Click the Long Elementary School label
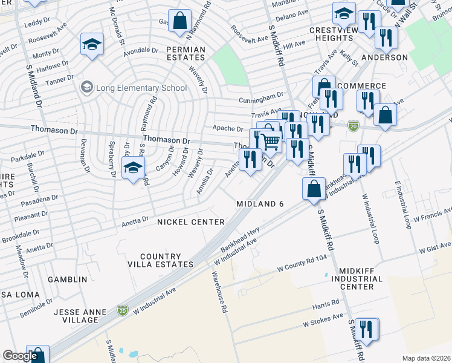pos(140,88)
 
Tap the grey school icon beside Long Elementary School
pos(86,88)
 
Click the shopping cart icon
pos(271,142)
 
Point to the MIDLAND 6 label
pos(260,204)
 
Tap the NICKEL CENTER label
pos(191,222)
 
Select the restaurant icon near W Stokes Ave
pos(366,330)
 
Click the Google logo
pos(20,356)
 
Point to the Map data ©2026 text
pos(426,358)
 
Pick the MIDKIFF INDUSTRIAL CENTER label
pos(361,279)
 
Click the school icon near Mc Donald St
pos(92,44)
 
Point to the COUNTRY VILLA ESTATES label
pos(167,260)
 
